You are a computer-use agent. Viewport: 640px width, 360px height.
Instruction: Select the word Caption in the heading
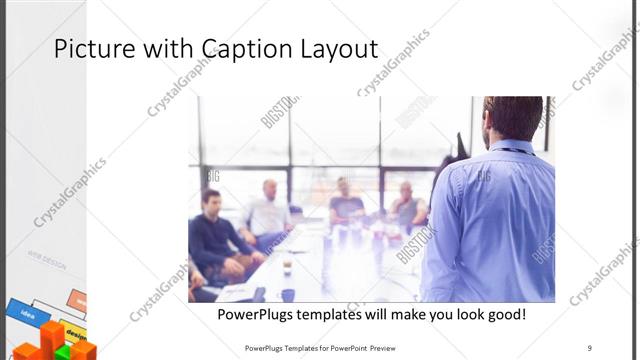[239, 49]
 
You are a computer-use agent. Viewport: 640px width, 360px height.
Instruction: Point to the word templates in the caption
[346, 315]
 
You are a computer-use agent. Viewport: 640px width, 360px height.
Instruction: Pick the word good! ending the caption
[502, 315]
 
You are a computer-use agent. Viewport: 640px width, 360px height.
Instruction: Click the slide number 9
[589, 347]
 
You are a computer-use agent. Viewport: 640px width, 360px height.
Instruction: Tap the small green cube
[61, 352]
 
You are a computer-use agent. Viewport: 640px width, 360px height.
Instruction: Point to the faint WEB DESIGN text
[46, 265]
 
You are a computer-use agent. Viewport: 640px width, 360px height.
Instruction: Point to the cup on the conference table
[287, 267]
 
